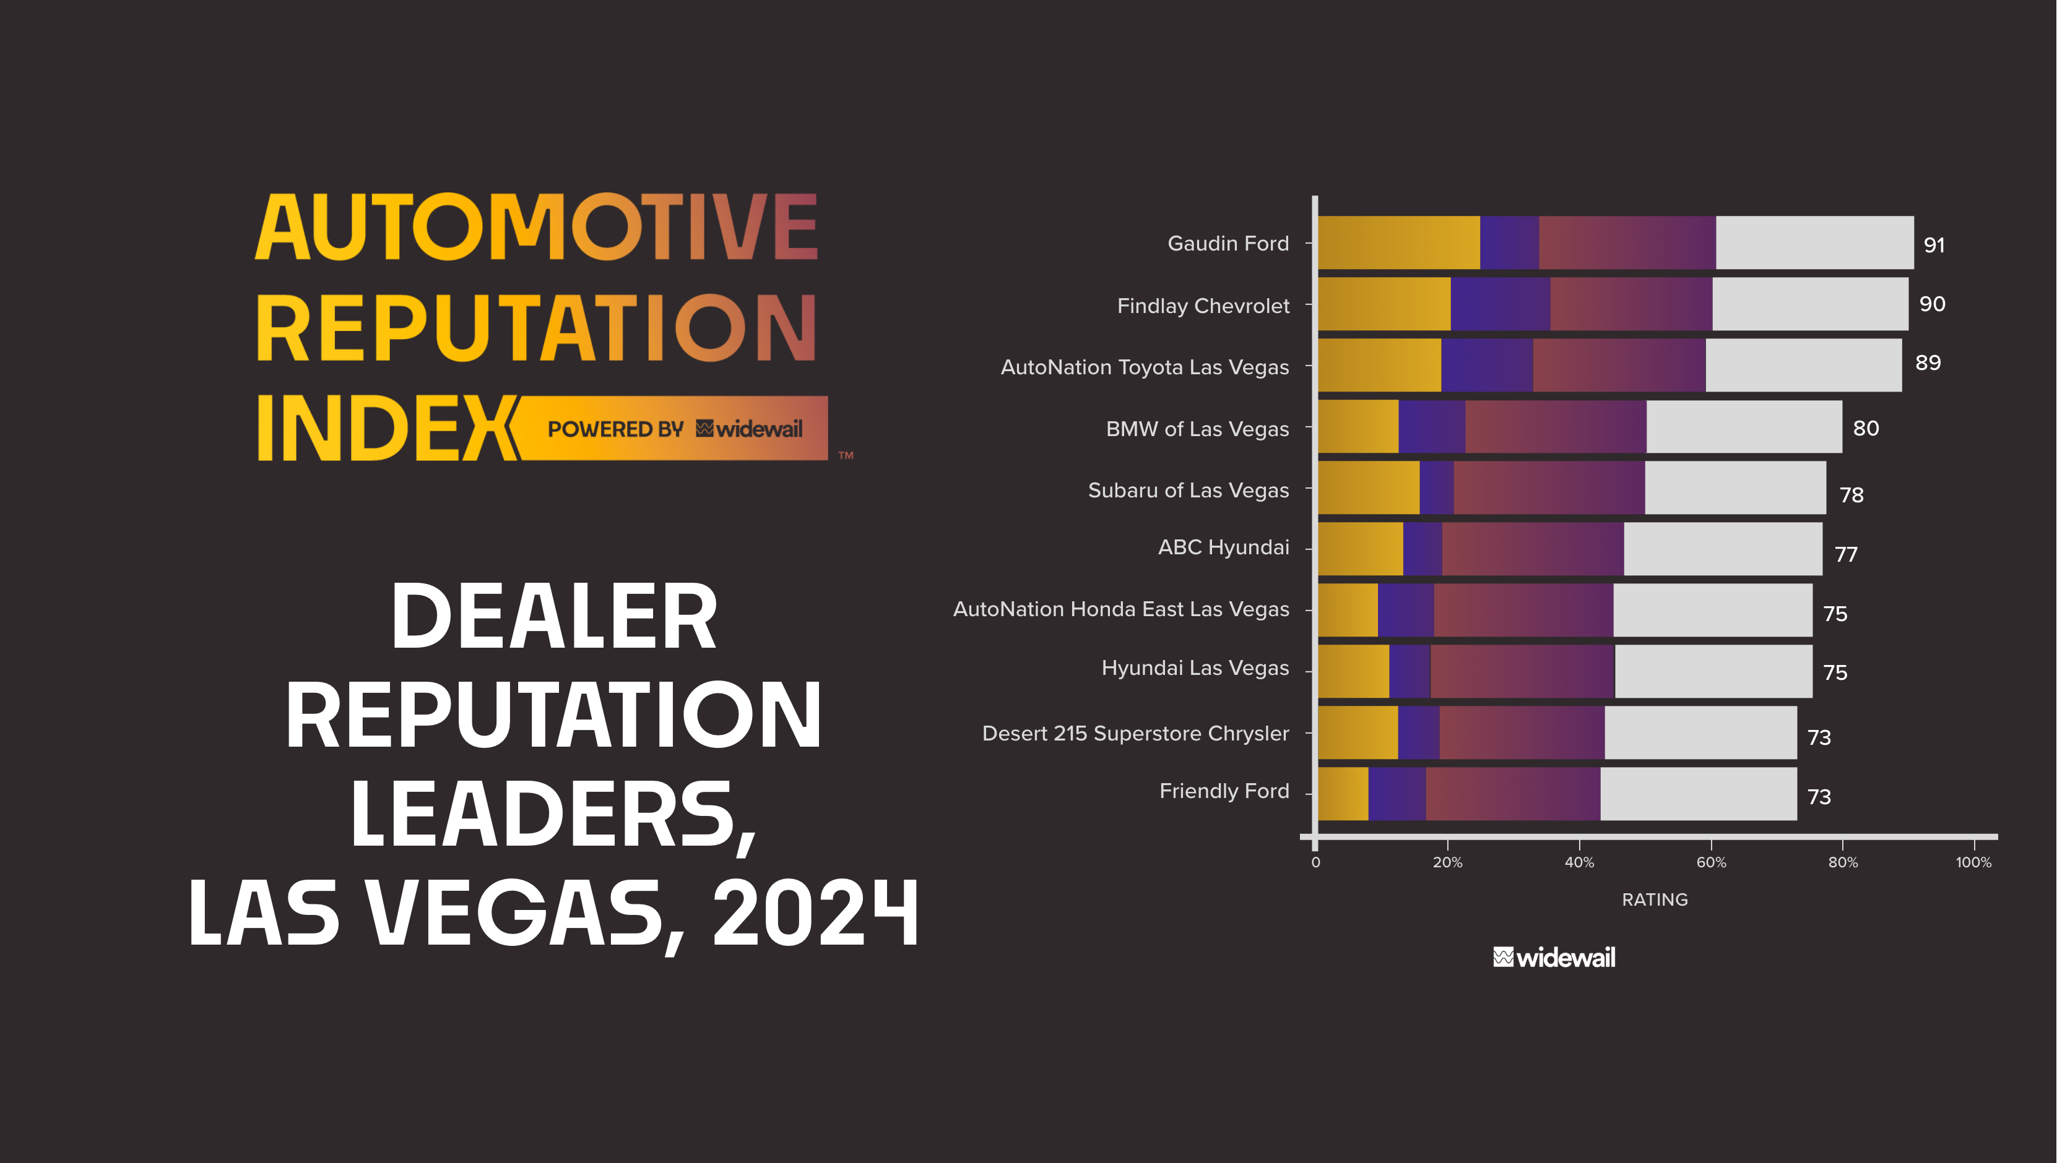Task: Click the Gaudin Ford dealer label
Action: coord(1228,244)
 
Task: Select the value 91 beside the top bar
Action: coord(1933,245)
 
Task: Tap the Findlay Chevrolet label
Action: coord(1202,306)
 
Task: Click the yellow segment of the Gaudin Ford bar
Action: coord(1398,243)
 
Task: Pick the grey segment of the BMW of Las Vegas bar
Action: coord(1744,427)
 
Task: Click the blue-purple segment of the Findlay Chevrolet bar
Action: coord(1500,304)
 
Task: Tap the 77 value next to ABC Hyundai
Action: coord(1846,554)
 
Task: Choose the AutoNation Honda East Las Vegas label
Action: coord(1120,609)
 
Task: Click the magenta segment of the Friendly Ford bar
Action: coord(1512,794)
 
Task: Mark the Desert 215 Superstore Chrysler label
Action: coord(1135,733)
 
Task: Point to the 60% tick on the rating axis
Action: coord(1711,862)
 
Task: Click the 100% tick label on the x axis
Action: coord(1973,862)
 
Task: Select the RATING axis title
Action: coord(1654,899)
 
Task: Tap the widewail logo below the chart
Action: coord(1554,957)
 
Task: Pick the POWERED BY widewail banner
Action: coord(673,429)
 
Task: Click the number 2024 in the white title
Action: coord(815,913)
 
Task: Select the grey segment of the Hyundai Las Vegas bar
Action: coord(1713,672)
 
